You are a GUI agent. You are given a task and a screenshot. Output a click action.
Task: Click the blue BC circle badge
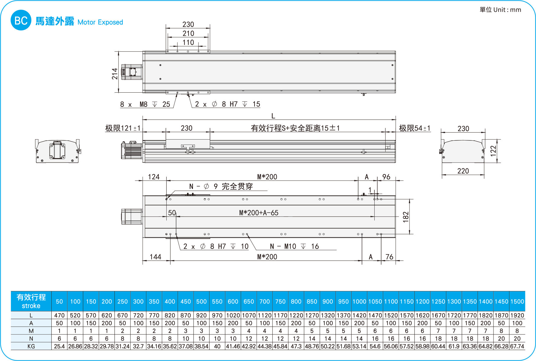tap(21, 20)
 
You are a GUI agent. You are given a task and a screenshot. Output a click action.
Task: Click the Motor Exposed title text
tap(100, 22)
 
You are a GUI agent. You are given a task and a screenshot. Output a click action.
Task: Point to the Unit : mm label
tap(500, 10)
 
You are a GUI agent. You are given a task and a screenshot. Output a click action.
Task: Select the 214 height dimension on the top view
tap(115, 74)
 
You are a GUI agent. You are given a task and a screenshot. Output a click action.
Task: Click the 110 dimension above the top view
tap(188, 42)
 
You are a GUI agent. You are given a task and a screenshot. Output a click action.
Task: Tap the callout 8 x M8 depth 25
tap(145, 104)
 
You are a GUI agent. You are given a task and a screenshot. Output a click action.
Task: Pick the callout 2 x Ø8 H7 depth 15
tap(227, 104)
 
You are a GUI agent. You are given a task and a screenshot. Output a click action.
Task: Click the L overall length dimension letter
tap(273, 116)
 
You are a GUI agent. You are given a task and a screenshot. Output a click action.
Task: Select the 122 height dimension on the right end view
tap(493, 151)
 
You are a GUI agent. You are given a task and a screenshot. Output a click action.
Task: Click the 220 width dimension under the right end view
tap(463, 171)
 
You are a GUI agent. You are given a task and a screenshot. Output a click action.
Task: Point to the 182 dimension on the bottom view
tap(406, 217)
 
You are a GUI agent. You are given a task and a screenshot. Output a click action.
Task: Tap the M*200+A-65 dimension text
tap(259, 213)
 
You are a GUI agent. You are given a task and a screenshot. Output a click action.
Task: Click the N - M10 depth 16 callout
tap(294, 247)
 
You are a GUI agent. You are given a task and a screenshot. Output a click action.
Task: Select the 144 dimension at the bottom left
tap(155, 257)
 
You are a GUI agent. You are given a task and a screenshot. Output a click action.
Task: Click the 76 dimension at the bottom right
tap(389, 257)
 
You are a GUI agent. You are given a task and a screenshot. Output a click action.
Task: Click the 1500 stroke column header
tap(517, 301)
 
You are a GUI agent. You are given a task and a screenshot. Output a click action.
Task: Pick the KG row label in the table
tap(31, 346)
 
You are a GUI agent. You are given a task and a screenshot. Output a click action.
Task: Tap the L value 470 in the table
tap(59, 315)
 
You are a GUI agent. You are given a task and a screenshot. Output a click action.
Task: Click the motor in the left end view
tap(57, 150)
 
